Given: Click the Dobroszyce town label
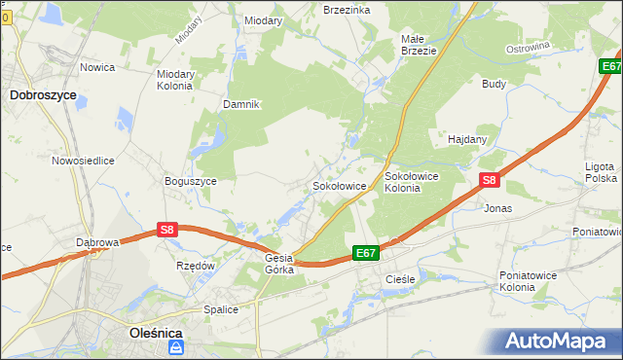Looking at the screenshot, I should tap(43, 95).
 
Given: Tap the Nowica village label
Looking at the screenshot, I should tap(98, 67).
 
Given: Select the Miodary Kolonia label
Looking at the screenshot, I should tap(175, 79).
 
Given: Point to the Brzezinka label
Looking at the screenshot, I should tap(347, 9).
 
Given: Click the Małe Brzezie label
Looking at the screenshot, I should tap(419, 45).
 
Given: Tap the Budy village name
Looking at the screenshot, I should tap(494, 84).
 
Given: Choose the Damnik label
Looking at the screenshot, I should tap(240, 104).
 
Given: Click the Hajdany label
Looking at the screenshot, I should tap(467, 139).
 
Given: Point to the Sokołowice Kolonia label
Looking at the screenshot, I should tap(415, 182).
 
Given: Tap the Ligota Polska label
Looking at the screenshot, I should tap(601, 173).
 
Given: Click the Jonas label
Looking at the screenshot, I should tap(497, 208).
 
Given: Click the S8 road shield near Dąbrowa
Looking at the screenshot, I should tap(167, 230).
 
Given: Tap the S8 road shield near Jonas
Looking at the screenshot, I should tap(490, 180).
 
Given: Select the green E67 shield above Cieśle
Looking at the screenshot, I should tap(365, 253).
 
